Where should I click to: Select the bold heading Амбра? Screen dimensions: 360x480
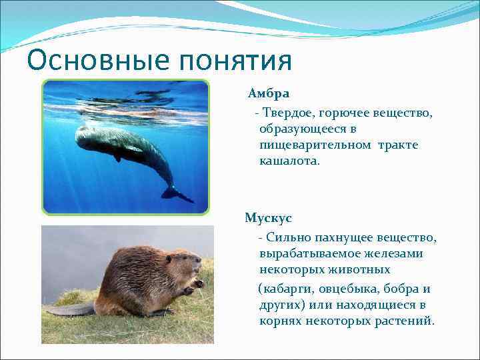click(269, 94)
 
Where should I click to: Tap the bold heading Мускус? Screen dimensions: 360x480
click(268, 218)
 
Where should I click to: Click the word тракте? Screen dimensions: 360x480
click(398, 145)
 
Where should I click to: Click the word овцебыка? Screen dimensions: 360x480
click(344, 289)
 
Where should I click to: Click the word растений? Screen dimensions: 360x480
click(405, 321)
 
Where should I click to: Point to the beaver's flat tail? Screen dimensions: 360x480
click(70, 309)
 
